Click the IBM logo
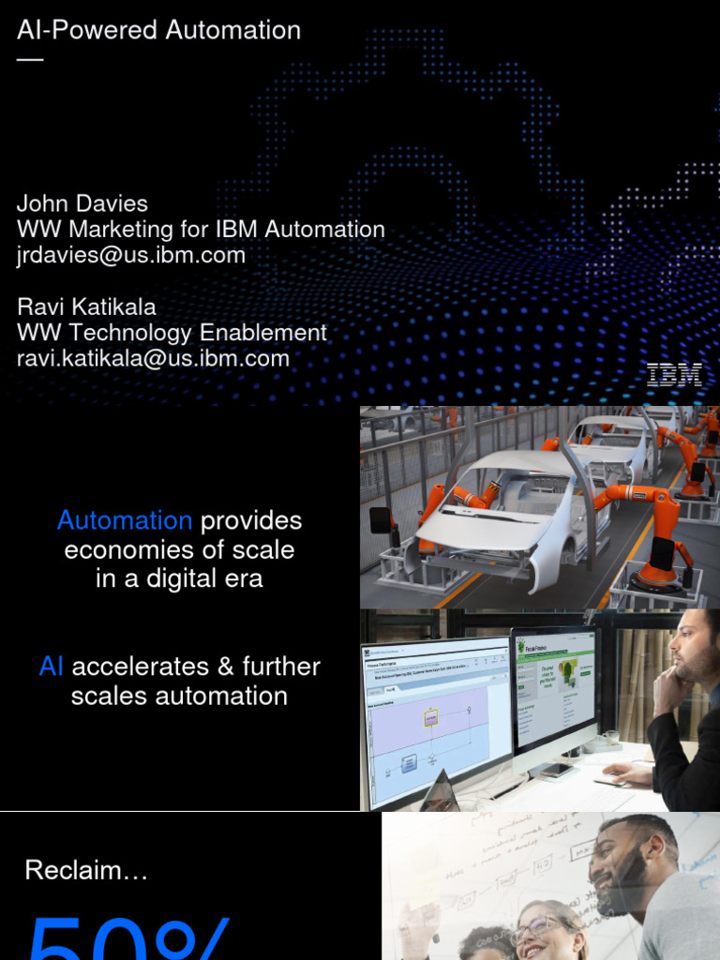click(x=674, y=375)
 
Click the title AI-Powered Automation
click(x=158, y=30)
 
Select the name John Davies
click(x=82, y=203)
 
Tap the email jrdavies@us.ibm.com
click(x=131, y=255)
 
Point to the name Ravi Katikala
click(x=86, y=307)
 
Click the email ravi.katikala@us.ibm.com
click(x=153, y=358)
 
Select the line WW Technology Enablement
click(x=172, y=333)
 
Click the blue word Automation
click(x=125, y=520)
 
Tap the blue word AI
click(x=52, y=667)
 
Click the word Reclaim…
click(x=86, y=870)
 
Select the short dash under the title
click(x=30, y=59)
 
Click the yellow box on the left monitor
click(x=431, y=718)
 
